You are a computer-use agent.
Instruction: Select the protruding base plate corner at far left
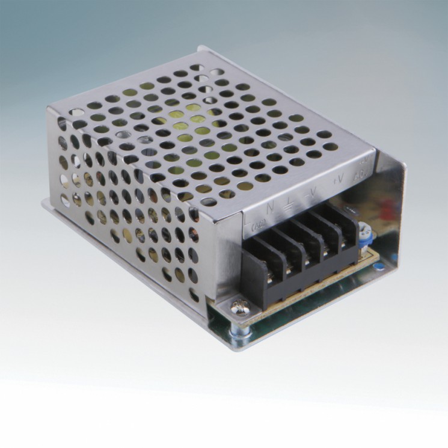click(44, 203)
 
